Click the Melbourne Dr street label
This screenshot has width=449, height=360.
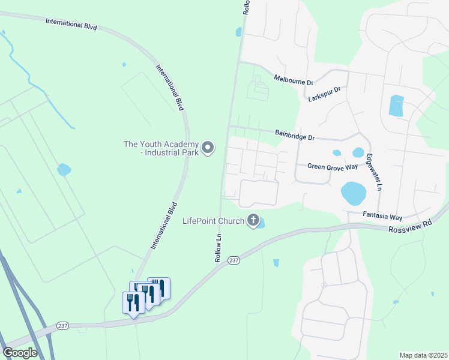pyautogui.click(x=294, y=79)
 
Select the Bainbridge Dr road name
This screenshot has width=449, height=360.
pyautogui.click(x=295, y=135)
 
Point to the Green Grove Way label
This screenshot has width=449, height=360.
pyautogui.click(x=333, y=166)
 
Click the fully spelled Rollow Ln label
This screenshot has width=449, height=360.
pyautogui.click(x=218, y=247)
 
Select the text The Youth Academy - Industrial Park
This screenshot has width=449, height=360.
pyautogui.click(x=161, y=148)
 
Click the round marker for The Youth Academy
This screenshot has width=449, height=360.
pyautogui.click(x=208, y=148)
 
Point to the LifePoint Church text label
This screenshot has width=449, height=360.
pyautogui.click(x=213, y=221)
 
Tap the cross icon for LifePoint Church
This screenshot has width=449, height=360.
pyautogui.click(x=254, y=221)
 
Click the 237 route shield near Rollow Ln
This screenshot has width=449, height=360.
pyautogui.click(x=234, y=260)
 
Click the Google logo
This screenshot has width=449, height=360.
pyautogui.click(x=20, y=353)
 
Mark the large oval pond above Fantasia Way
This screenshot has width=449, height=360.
pyautogui.click(x=353, y=193)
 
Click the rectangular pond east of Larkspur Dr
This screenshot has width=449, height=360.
pyautogui.click(x=396, y=106)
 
